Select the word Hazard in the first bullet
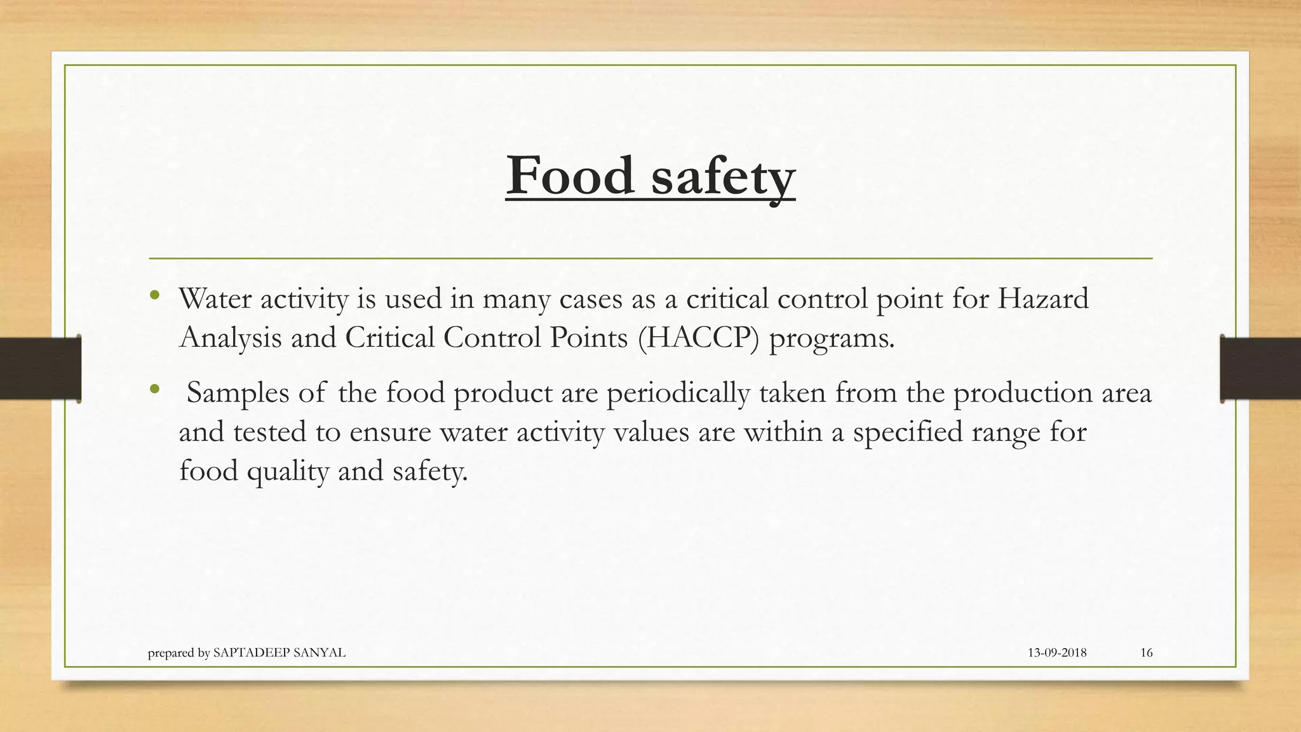pyautogui.click(x=1042, y=298)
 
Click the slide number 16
pyautogui.click(x=1146, y=653)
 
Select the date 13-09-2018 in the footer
pyautogui.click(x=1057, y=653)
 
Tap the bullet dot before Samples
pyautogui.click(x=154, y=389)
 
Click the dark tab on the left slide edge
pyautogui.click(x=40, y=369)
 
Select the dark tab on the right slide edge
pyautogui.click(x=1260, y=369)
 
